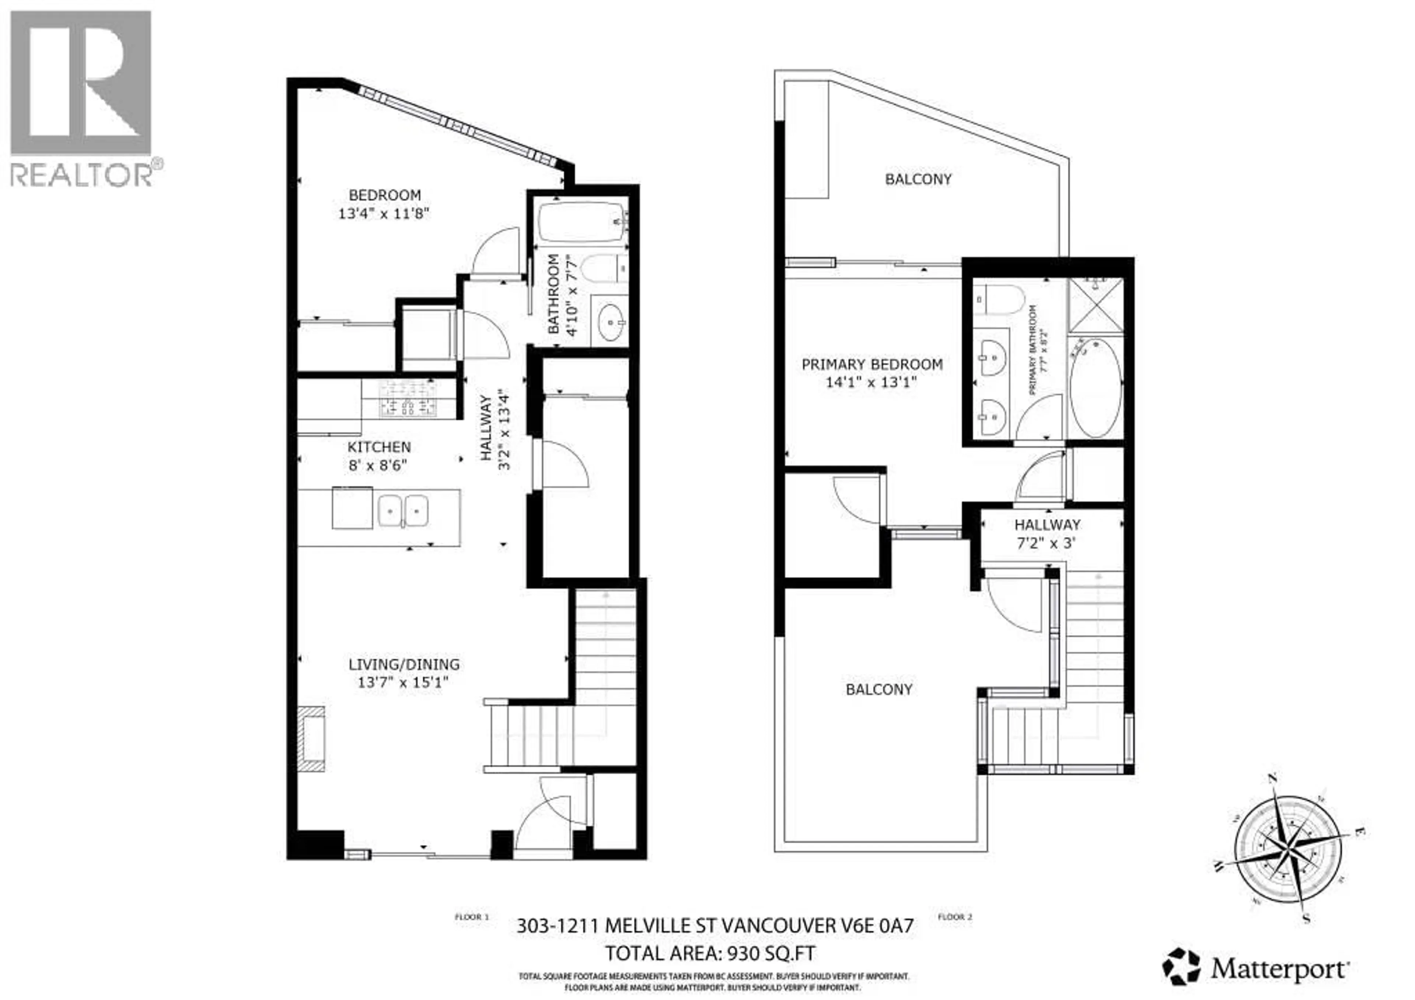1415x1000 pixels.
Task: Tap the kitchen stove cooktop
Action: [x=408, y=398]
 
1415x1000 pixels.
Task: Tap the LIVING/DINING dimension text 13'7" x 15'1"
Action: [x=402, y=683]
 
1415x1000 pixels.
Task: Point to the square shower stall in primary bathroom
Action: [x=1095, y=306]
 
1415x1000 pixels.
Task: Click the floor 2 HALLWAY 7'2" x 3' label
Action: [x=1047, y=534]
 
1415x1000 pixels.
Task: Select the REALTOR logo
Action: [x=82, y=99]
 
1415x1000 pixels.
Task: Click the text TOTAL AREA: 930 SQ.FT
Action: [x=710, y=954]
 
